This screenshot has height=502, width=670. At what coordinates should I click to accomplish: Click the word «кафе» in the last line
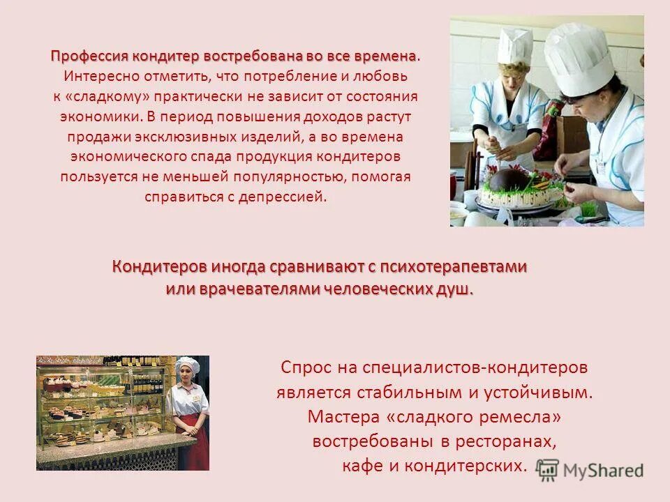(360, 466)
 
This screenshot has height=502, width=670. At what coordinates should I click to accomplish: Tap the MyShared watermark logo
(590, 470)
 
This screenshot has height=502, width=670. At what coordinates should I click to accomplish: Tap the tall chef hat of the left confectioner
(514, 43)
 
